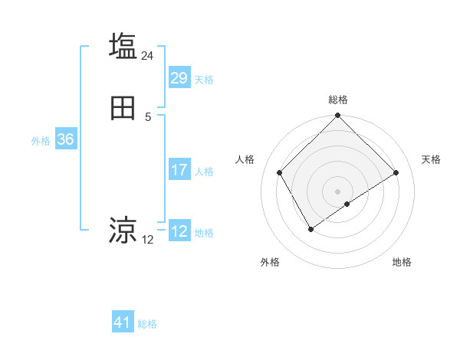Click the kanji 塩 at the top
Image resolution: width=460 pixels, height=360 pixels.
coord(123,45)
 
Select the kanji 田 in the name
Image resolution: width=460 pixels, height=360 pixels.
coord(123,109)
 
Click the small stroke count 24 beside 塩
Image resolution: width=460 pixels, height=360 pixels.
coord(148,56)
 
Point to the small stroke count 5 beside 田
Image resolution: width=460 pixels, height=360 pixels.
coord(148,116)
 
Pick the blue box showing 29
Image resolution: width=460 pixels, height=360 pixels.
coord(179,78)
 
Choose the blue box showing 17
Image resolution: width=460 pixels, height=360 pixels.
coord(179,170)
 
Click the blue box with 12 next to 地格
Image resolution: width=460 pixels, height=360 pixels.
coord(179,231)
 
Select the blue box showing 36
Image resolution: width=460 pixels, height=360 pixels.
coord(65,139)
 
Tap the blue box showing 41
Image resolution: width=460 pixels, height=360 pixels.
coord(123,322)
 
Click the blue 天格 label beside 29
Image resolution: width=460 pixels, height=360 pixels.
coord(204,80)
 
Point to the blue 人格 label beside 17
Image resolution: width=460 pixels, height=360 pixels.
coord(204,172)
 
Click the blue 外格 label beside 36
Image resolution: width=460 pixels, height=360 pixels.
coord(41,141)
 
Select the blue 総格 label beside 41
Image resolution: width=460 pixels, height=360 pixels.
coord(147,324)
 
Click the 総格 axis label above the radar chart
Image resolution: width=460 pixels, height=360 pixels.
coord(338,100)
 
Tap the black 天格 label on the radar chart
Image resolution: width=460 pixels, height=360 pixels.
coord(432,159)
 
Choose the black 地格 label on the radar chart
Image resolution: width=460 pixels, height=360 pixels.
coord(402,263)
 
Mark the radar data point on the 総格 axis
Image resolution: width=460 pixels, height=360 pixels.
coord(337,116)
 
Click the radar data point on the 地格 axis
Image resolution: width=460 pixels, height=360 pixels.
coord(347,204)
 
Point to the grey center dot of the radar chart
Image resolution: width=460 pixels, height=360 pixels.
coord(337,191)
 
